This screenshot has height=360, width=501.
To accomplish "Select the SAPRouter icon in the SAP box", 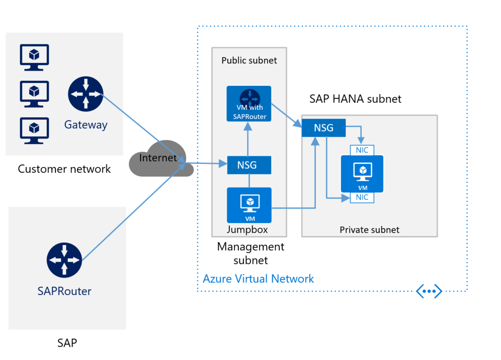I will (64, 260).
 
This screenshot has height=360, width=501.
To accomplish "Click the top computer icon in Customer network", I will (34, 57).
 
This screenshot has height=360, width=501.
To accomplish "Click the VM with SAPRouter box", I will (249, 104).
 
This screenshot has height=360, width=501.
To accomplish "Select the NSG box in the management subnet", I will (249, 165).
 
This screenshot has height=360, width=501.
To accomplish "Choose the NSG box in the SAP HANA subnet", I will (324, 128).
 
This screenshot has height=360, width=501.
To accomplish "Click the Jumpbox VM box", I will (249, 205).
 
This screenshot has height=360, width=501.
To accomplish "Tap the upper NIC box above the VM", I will (362, 150).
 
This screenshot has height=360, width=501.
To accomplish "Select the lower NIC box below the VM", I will (362, 197).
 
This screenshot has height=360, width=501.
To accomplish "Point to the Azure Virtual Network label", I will (258, 279).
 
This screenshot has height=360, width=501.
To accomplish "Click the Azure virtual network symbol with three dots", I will (429, 291).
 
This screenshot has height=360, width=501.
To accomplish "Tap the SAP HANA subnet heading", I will (355, 99).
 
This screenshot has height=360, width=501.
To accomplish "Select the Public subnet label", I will (249, 61).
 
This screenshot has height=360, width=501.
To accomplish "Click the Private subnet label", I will (369, 230).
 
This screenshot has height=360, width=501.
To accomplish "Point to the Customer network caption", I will (64, 169).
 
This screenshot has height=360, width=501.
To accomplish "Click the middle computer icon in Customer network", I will (34, 93).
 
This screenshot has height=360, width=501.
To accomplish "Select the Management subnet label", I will (250, 254).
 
